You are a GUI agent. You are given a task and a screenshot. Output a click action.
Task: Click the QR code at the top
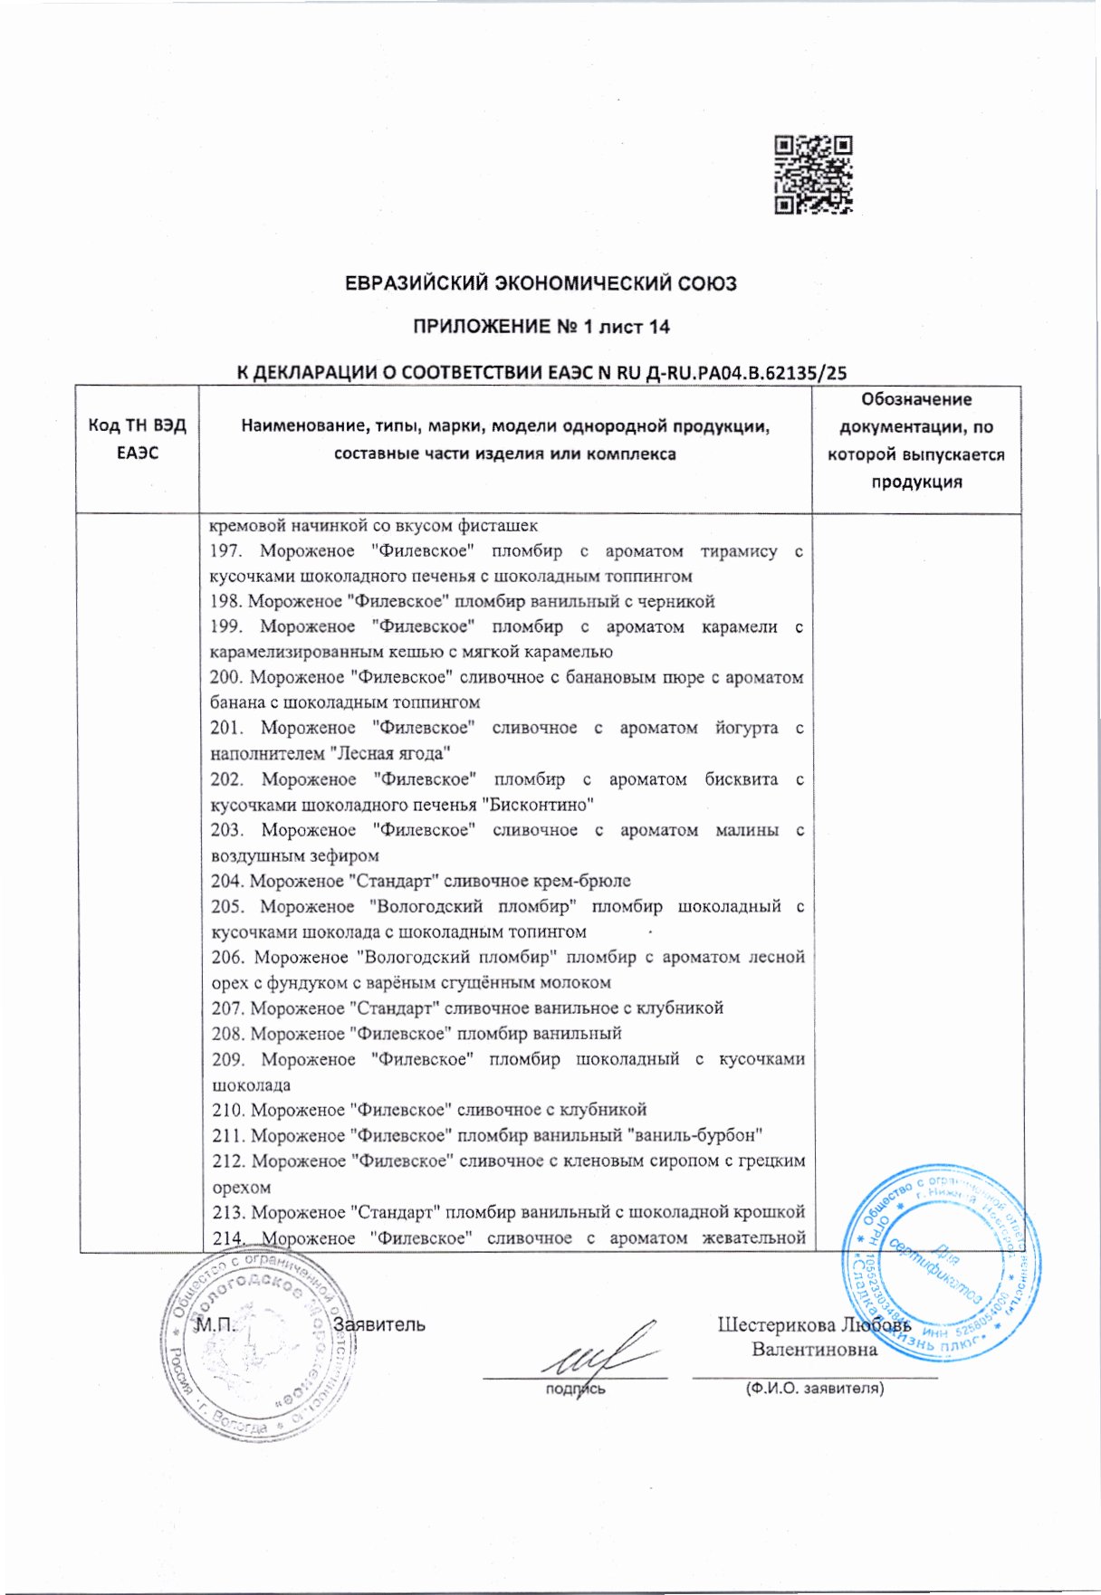click(x=813, y=175)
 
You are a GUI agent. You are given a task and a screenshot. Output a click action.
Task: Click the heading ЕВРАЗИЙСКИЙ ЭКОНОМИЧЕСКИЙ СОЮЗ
click(x=541, y=283)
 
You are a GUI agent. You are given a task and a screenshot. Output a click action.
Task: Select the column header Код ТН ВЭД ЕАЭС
click(x=137, y=439)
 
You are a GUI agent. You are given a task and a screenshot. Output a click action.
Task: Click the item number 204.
click(x=228, y=881)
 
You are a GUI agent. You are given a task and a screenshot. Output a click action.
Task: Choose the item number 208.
click(x=229, y=1034)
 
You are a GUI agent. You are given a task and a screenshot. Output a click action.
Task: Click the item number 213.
click(x=230, y=1212)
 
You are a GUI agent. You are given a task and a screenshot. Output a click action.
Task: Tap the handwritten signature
click(x=598, y=1353)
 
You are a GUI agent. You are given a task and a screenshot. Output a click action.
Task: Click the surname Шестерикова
click(x=776, y=1325)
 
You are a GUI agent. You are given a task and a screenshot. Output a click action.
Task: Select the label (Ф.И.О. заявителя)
click(x=814, y=1388)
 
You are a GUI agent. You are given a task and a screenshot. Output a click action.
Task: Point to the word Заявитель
click(x=379, y=1325)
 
